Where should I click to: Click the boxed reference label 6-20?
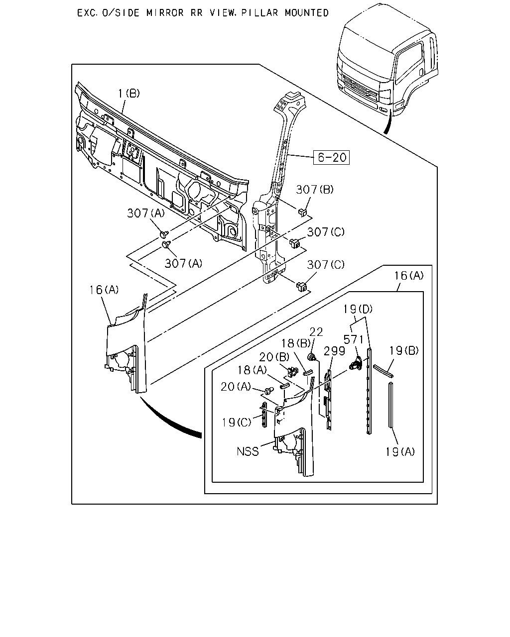331,157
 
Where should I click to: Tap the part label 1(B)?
129,94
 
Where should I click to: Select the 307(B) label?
315,190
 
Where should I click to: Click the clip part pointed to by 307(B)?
302,212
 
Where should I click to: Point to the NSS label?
248,451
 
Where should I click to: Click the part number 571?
353,339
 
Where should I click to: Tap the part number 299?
334,351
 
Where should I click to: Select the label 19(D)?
358,309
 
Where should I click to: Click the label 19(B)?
403,350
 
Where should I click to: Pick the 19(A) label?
400,452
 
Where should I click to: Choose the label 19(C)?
237,423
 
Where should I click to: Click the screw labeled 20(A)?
269,391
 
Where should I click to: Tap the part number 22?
316,332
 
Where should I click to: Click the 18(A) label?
252,370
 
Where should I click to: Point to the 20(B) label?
274,357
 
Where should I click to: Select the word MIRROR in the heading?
165,13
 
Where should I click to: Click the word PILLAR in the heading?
260,13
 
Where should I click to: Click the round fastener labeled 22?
311,357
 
